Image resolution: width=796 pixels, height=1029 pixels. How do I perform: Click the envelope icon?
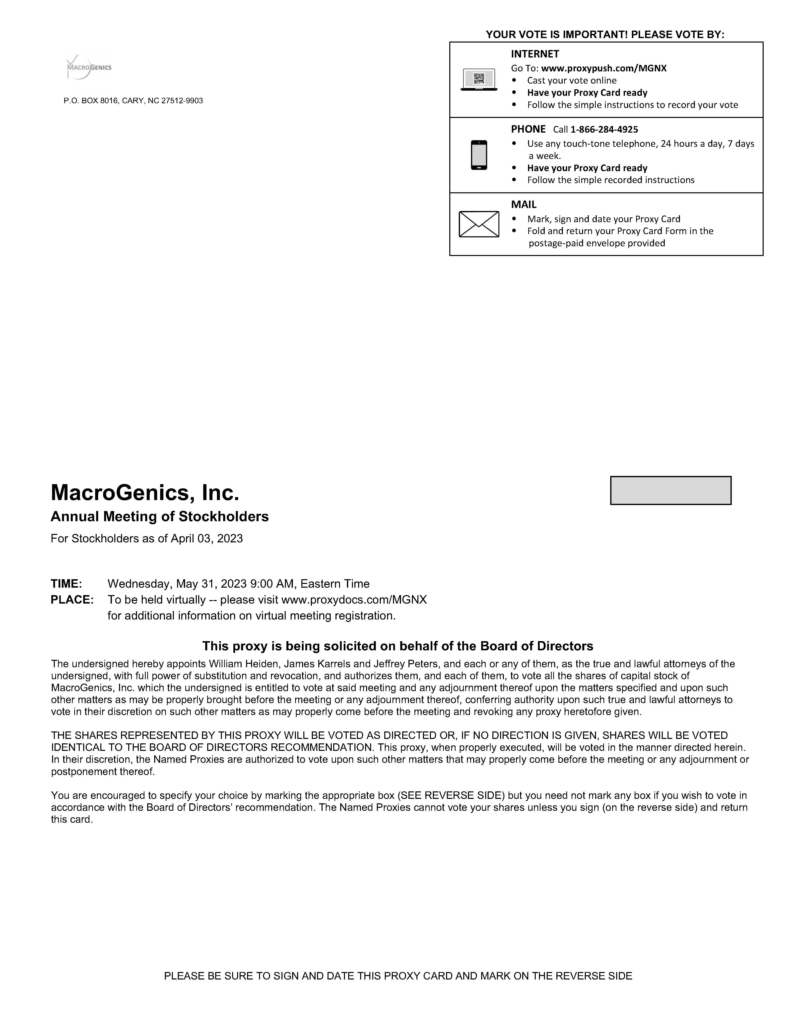click(x=479, y=224)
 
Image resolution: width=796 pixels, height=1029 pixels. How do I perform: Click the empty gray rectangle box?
click(x=670, y=490)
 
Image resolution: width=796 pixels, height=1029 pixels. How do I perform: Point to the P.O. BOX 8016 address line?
click(x=133, y=101)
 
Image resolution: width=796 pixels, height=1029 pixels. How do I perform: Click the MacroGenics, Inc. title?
click(x=145, y=493)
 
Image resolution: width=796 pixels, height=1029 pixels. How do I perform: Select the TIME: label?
click(x=66, y=584)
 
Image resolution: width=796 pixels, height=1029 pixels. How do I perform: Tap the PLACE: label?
click(x=72, y=600)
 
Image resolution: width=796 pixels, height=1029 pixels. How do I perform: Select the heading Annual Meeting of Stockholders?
click(x=159, y=517)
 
